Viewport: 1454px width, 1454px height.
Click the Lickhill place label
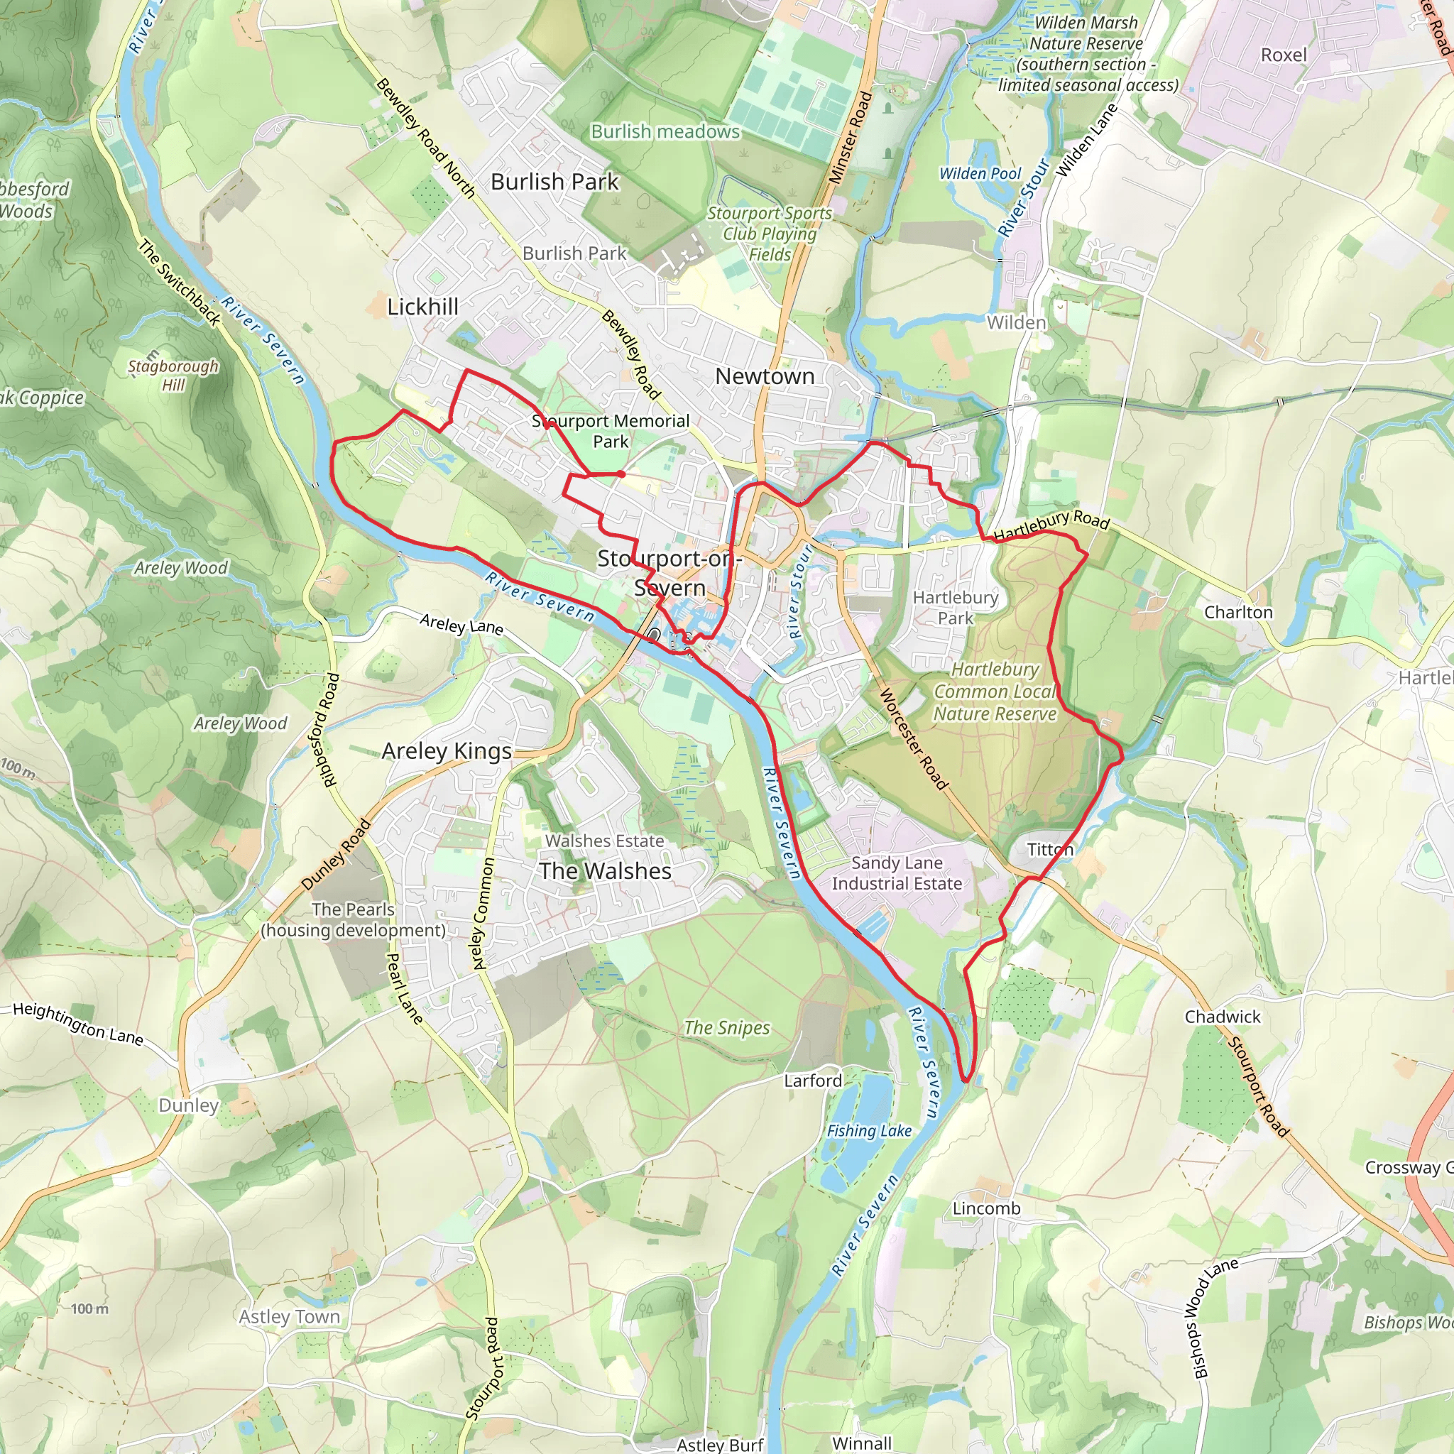click(422, 307)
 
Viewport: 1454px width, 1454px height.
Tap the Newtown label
click(765, 376)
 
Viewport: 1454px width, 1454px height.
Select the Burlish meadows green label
click(665, 132)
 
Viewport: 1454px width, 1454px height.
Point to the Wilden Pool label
click(980, 174)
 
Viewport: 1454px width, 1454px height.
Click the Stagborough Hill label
click(173, 375)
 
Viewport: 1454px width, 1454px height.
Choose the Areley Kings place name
click(447, 751)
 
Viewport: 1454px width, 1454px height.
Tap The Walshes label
click(605, 870)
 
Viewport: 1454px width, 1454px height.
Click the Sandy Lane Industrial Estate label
click(897, 873)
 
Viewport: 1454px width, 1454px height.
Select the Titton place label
click(1050, 850)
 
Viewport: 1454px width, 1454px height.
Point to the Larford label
click(813, 1081)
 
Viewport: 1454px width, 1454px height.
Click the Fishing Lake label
click(869, 1130)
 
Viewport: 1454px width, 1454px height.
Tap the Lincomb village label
click(986, 1208)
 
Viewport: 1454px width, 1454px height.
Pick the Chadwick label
click(1223, 1017)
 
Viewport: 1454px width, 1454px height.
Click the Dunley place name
click(188, 1105)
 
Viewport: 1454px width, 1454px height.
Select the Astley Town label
click(289, 1317)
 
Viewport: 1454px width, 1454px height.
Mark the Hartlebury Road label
click(1051, 525)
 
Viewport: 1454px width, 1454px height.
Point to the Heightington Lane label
click(78, 1024)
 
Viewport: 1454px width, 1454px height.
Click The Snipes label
click(727, 1028)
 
